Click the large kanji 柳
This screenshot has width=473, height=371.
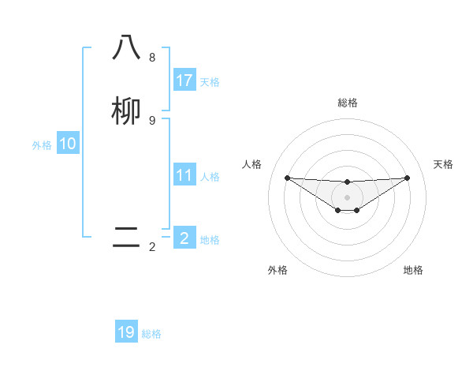[126, 111]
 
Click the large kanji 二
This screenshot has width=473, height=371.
[126, 238]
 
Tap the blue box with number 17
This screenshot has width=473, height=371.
[184, 81]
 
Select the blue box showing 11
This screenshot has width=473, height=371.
[184, 175]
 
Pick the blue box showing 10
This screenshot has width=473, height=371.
[68, 144]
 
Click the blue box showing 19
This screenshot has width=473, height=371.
[126, 332]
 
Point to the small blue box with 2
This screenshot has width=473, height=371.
[184, 238]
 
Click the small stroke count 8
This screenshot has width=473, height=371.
[151, 58]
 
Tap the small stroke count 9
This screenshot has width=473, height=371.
[151, 121]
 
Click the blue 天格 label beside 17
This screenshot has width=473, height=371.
[210, 82]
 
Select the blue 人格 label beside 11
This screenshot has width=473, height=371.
[210, 177]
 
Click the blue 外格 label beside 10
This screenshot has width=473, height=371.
[42, 145]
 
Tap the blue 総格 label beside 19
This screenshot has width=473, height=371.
[151, 334]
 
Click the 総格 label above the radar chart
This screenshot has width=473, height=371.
[347, 103]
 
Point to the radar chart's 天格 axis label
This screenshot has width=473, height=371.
[444, 164]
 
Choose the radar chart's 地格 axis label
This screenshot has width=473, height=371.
[413, 270]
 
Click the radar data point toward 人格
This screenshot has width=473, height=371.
[287, 178]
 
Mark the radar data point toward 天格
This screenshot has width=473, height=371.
[407, 178]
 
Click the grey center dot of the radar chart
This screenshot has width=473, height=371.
[347, 197]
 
